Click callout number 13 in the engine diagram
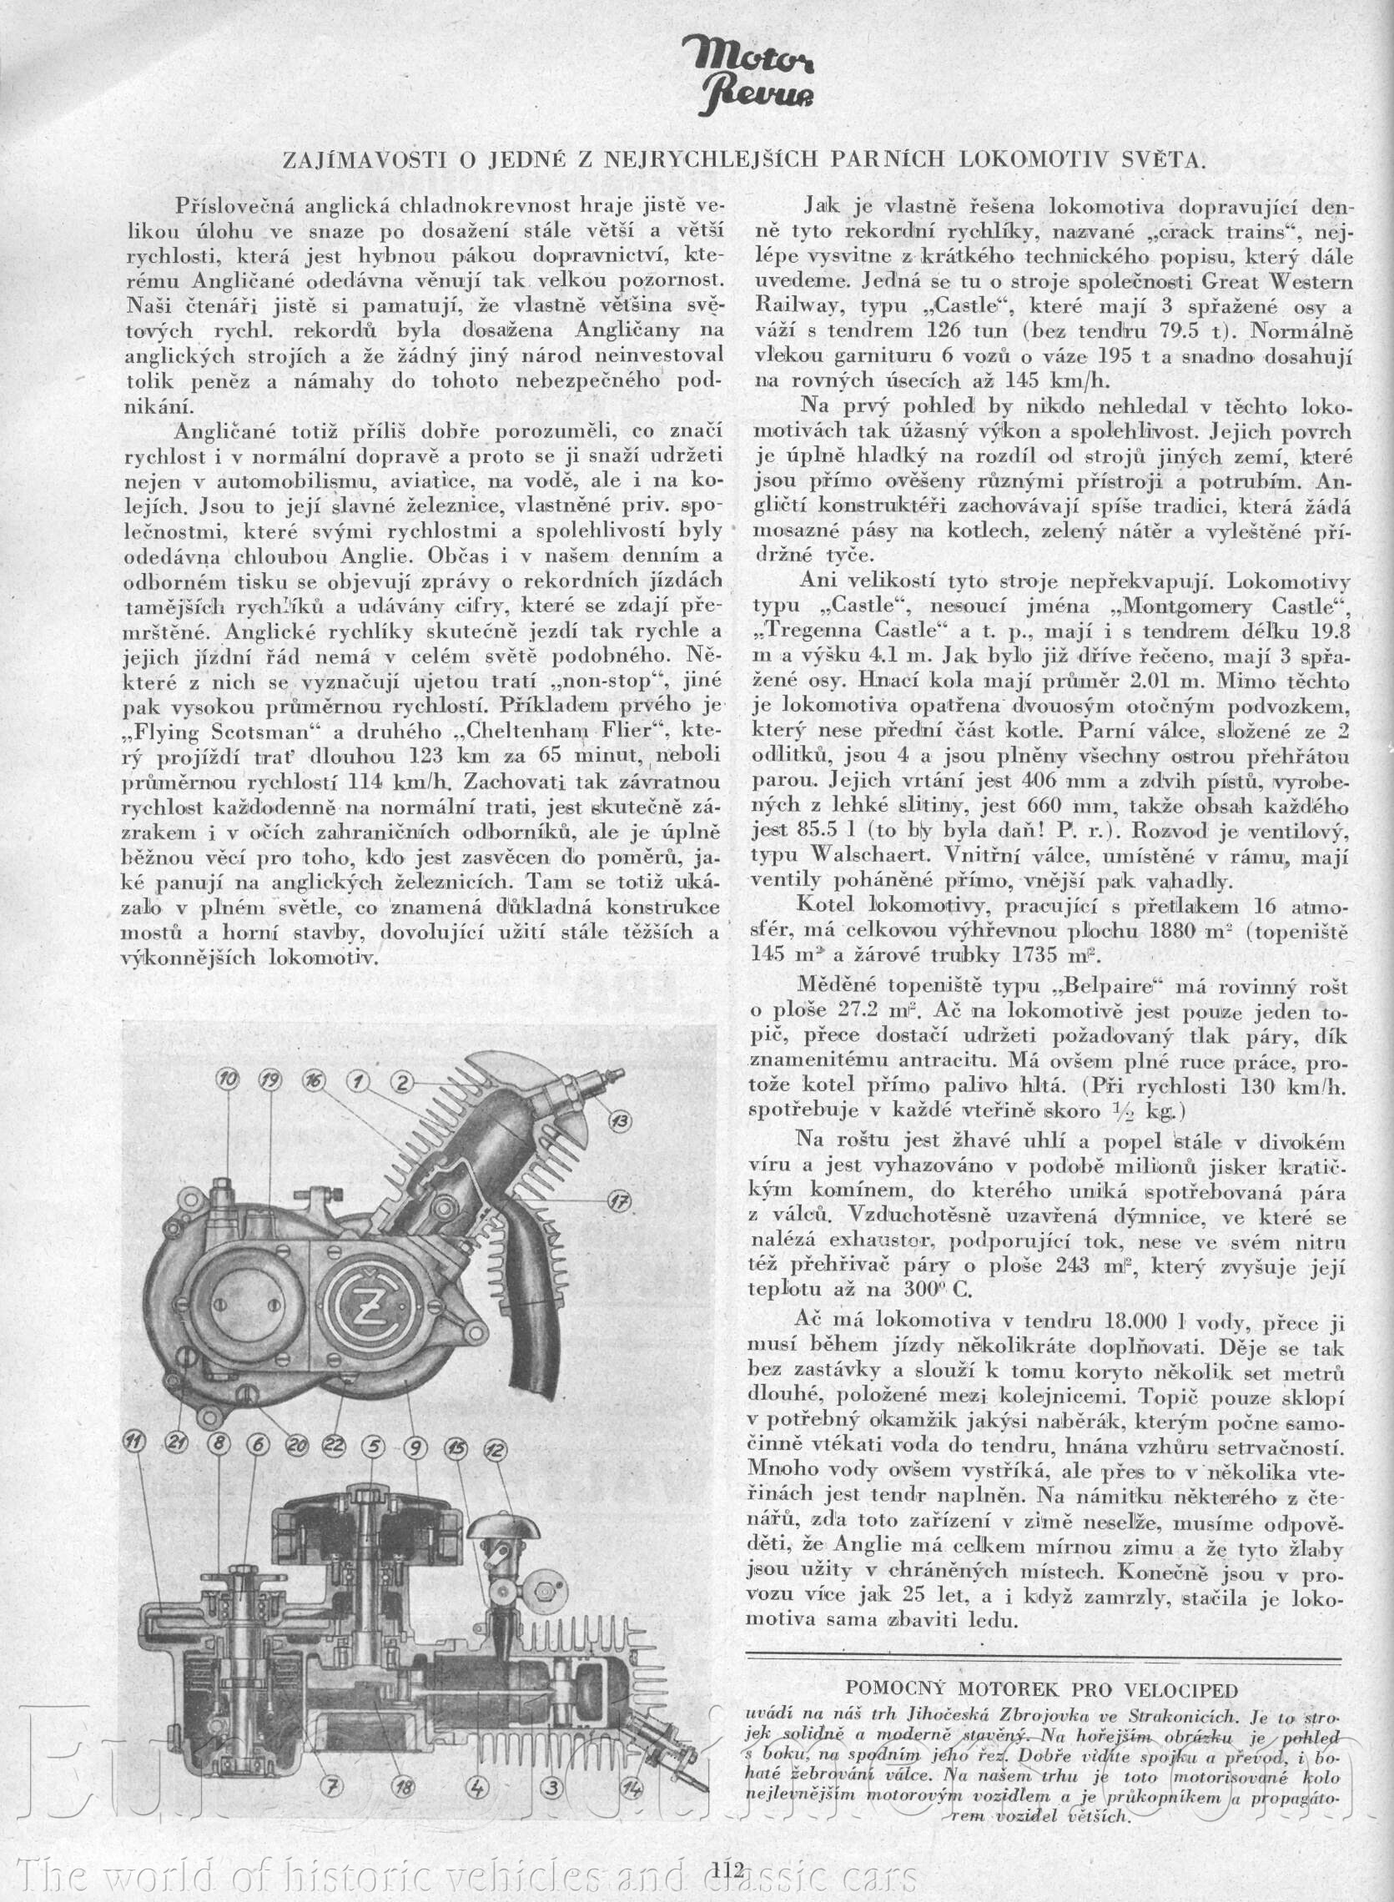tap(620, 1122)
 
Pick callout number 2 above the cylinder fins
tap(401, 1081)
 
